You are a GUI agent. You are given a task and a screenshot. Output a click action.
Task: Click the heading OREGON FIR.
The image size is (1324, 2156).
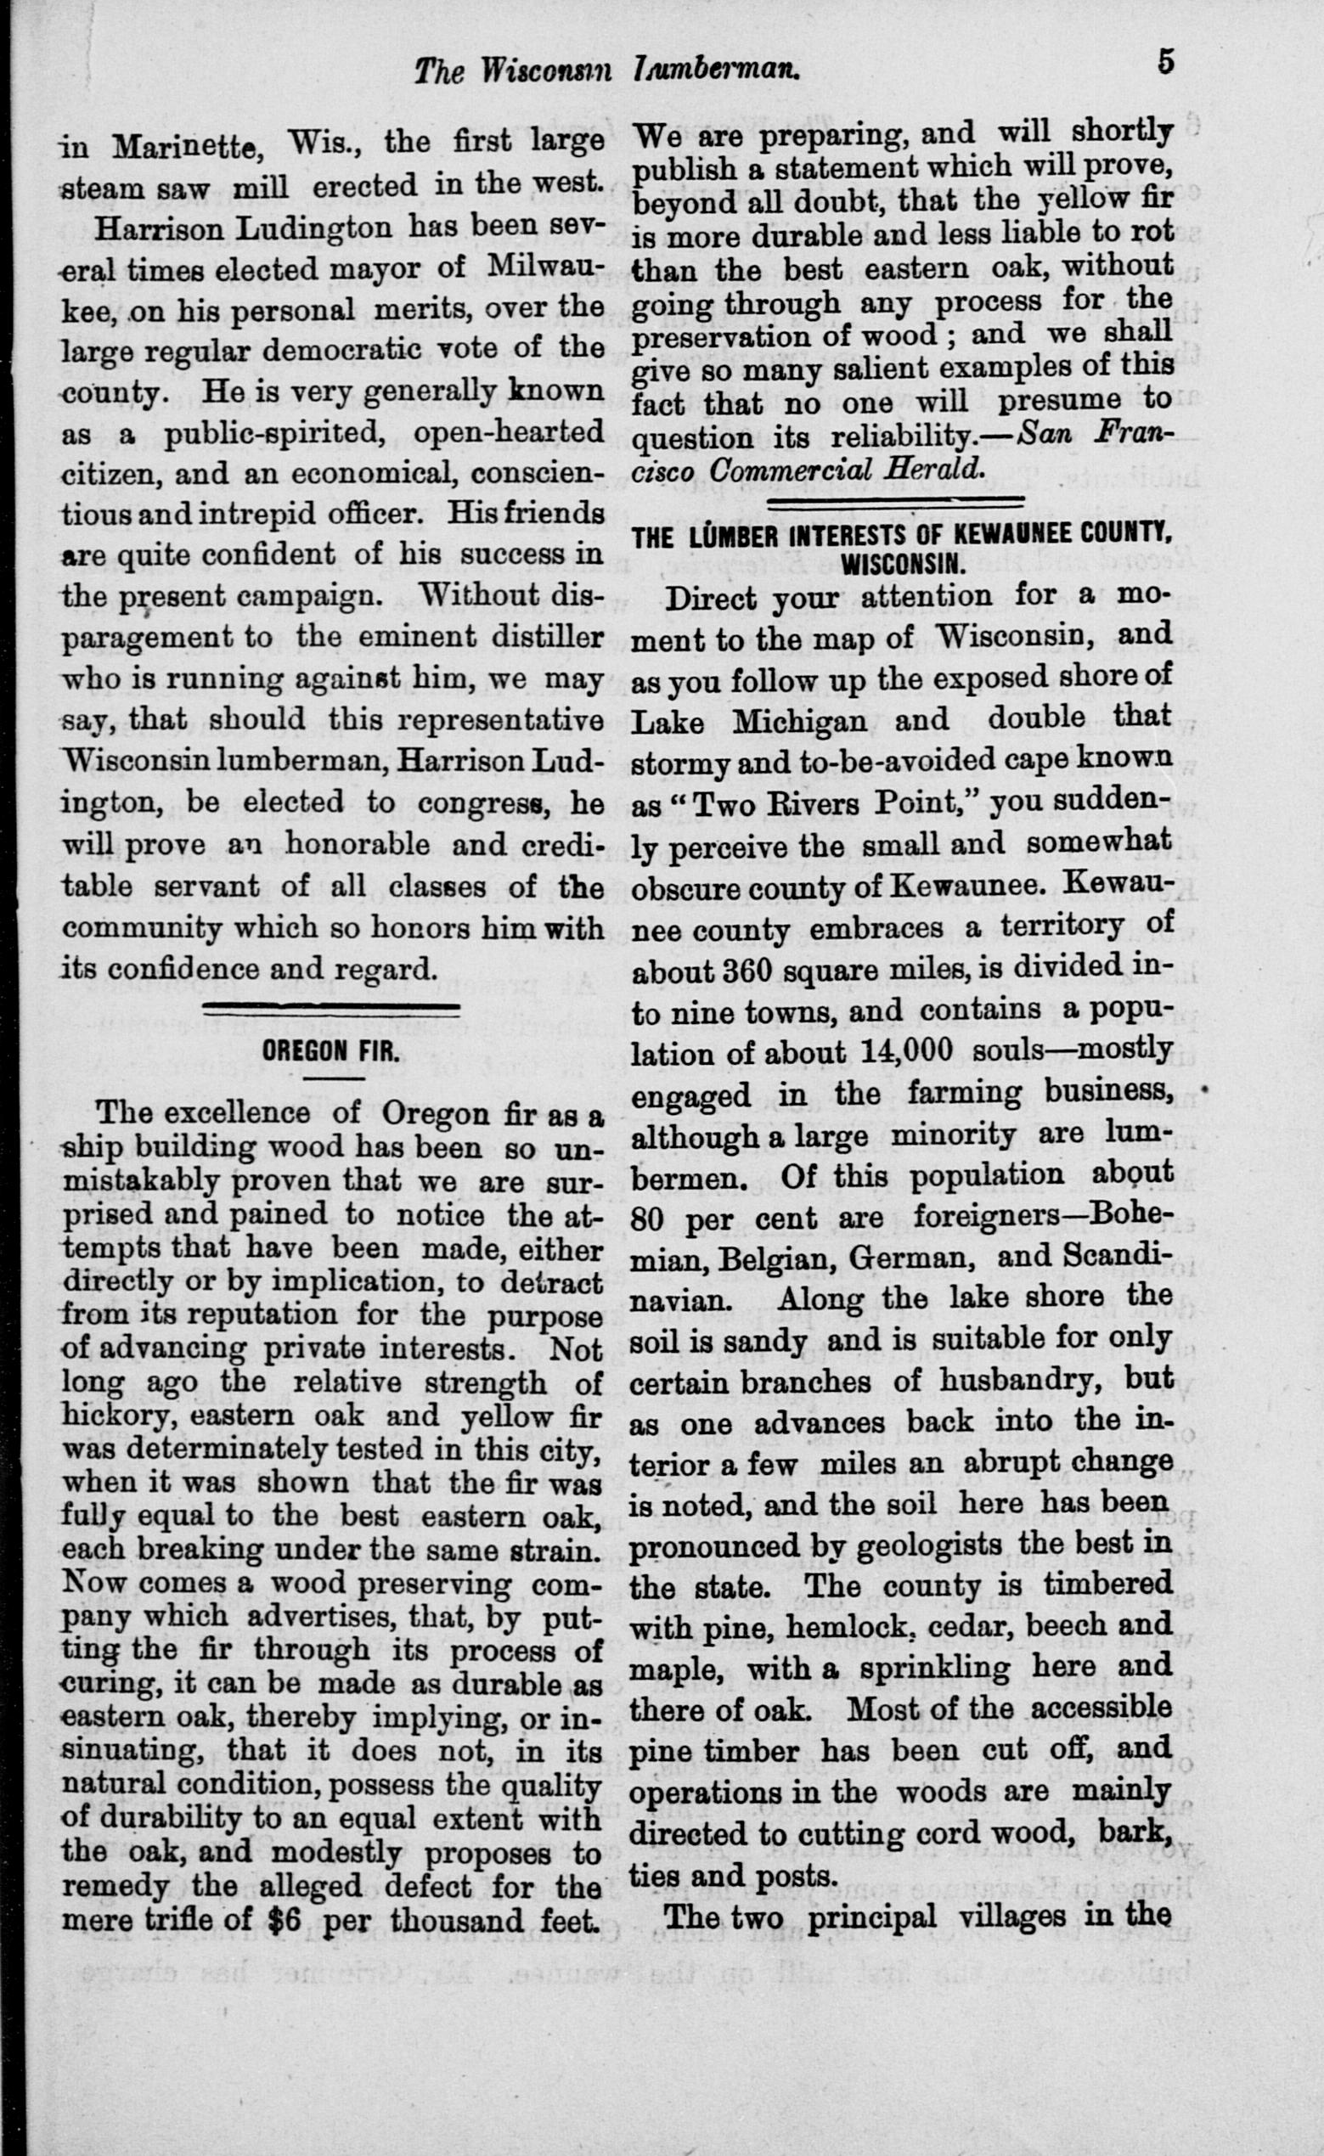pos(332,1050)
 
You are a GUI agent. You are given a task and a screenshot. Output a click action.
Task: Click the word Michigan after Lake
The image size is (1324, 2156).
pos(799,721)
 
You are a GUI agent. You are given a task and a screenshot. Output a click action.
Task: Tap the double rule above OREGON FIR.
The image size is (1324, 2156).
pos(332,1009)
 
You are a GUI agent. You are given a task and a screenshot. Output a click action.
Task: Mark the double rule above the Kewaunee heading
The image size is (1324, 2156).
pos(897,502)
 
